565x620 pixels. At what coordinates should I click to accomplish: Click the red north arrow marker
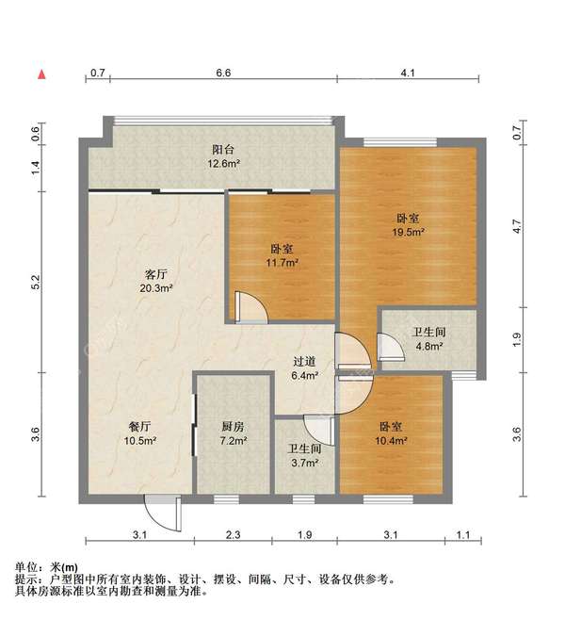point(41,74)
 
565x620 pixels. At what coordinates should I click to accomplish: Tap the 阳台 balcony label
point(223,150)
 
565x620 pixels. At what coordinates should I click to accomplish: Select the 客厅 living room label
point(156,274)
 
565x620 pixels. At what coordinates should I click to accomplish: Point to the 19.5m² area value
point(408,232)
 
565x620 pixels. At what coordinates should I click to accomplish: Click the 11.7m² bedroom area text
point(282,263)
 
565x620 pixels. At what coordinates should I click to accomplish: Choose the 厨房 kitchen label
point(233,427)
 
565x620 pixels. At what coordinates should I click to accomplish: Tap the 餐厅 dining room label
point(140,427)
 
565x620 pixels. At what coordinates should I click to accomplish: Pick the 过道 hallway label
point(304,362)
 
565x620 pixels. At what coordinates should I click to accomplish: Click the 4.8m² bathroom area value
point(428,347)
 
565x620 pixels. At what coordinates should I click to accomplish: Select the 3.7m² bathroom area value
point(304,463)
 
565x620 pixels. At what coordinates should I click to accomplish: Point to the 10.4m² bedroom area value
point(391,440)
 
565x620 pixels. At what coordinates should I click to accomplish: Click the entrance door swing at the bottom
point(163,513)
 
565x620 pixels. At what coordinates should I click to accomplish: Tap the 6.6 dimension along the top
point(223,73)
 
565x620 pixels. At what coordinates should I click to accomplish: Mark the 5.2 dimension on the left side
point(36,283)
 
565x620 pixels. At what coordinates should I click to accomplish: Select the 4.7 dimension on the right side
point(517,226)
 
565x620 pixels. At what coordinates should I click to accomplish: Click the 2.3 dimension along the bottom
point(234,535)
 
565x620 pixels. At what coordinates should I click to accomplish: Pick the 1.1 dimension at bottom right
point(463,535)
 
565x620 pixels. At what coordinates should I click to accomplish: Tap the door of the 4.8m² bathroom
point(391,347)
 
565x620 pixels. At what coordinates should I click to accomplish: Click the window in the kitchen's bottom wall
point(227,499)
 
